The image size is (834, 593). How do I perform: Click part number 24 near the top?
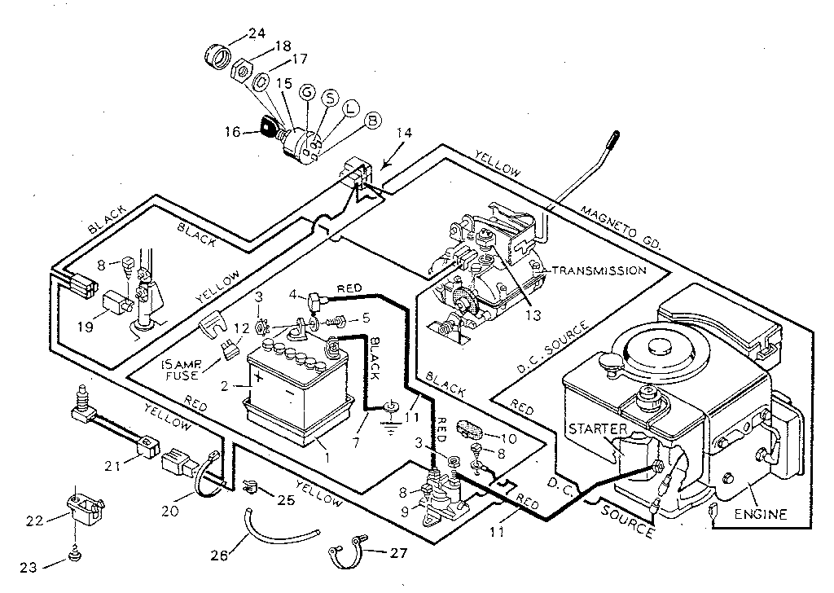tap(257, 33)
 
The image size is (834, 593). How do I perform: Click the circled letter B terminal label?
tap(372, 121)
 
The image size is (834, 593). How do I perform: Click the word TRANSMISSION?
tap(599, 270)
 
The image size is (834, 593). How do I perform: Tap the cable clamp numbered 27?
tap(345, 555)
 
